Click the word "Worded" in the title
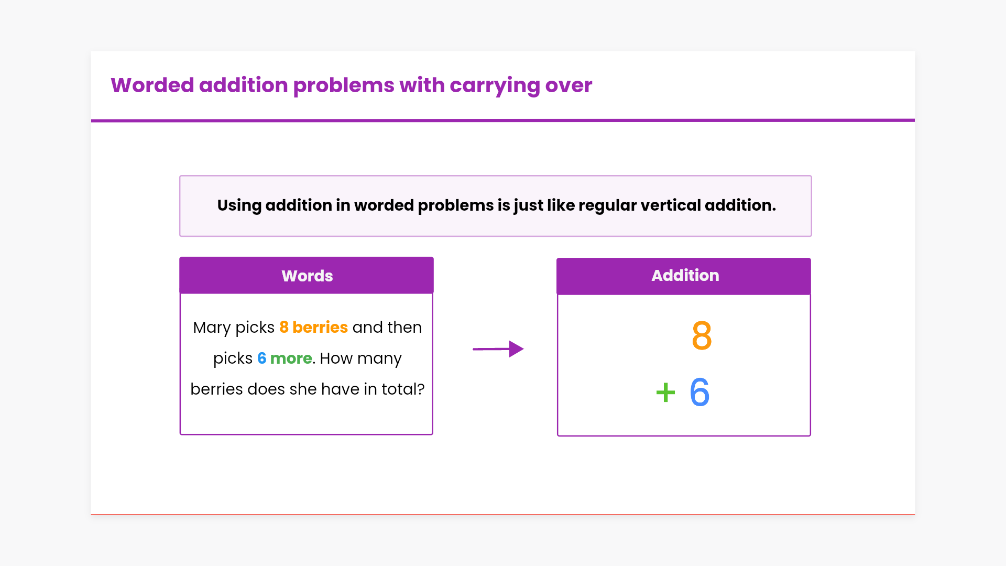pos(152,85)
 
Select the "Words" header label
pos(307,276)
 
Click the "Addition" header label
pos(685,275)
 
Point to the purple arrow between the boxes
pos(498,349)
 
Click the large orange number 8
pos(702,335)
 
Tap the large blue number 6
pos(699,392)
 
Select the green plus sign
pos(665,392)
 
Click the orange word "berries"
pos(320,327)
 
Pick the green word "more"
pos(291,358)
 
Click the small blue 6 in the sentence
pos(261,358)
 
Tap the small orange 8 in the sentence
pos(284,327)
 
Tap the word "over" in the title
pos(568,86)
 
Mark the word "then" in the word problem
pos(404,327)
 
